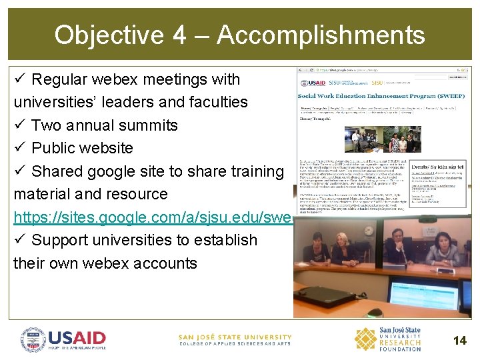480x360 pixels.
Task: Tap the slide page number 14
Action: tap(459, 341)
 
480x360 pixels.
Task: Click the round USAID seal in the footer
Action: tap(33, 340)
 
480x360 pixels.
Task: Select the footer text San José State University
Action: tap(235, 337)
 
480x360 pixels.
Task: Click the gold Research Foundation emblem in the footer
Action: tap(365, 339)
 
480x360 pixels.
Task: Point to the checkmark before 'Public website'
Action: tap(19, 148)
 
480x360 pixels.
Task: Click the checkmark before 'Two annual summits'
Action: tap(19, 125)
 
